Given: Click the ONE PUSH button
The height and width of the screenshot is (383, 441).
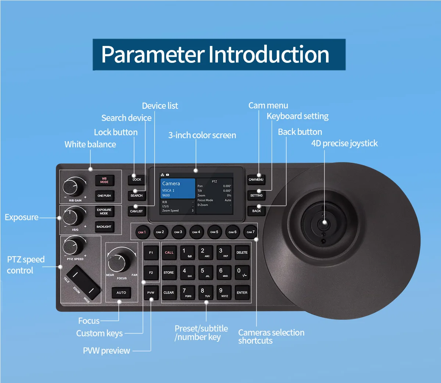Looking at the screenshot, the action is click(x=104, y=196).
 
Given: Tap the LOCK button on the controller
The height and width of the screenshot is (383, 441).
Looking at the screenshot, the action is click(x=137, y=180).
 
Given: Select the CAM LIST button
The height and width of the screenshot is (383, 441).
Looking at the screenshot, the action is click(x=136, y=211).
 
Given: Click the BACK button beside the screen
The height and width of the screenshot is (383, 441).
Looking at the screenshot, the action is click(x=257, y=211).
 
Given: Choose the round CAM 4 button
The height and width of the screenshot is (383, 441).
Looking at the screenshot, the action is click(x=196, y=232).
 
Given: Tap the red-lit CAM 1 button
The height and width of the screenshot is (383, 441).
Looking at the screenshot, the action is click(x=142, y=232).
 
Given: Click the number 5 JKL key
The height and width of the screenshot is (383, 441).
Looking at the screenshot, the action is click(x=205, y=272).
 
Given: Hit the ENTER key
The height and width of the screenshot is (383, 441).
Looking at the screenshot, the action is click(x=242, y=293).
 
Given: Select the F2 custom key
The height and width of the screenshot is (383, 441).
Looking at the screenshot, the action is click(x=151, y=273).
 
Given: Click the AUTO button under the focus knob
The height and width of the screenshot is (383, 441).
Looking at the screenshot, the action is click(x=121, y=293).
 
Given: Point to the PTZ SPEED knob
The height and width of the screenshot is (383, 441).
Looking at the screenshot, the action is click(x=72, y=246).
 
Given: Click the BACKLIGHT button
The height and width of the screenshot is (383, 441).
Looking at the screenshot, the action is click(x=104, y=227).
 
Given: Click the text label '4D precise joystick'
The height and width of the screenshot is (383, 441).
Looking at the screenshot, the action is click(x=344, y=143).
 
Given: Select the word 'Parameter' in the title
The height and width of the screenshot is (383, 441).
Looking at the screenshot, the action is click(x=153, y=54).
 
